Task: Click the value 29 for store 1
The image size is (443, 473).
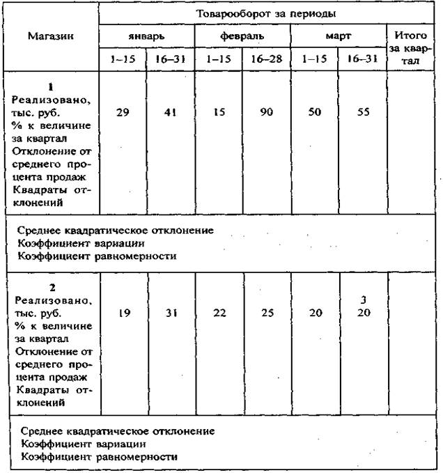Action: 122,112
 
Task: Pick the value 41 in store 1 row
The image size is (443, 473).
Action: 169,112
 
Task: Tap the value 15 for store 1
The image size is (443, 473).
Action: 218,112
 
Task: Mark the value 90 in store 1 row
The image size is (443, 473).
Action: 266,112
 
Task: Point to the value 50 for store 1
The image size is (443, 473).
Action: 316,112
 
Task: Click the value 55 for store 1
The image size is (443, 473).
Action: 362,112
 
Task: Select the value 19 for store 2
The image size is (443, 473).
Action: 123,313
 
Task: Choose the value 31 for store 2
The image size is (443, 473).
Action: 170,313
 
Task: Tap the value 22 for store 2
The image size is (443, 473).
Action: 218,313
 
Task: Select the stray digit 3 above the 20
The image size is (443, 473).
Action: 363,300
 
